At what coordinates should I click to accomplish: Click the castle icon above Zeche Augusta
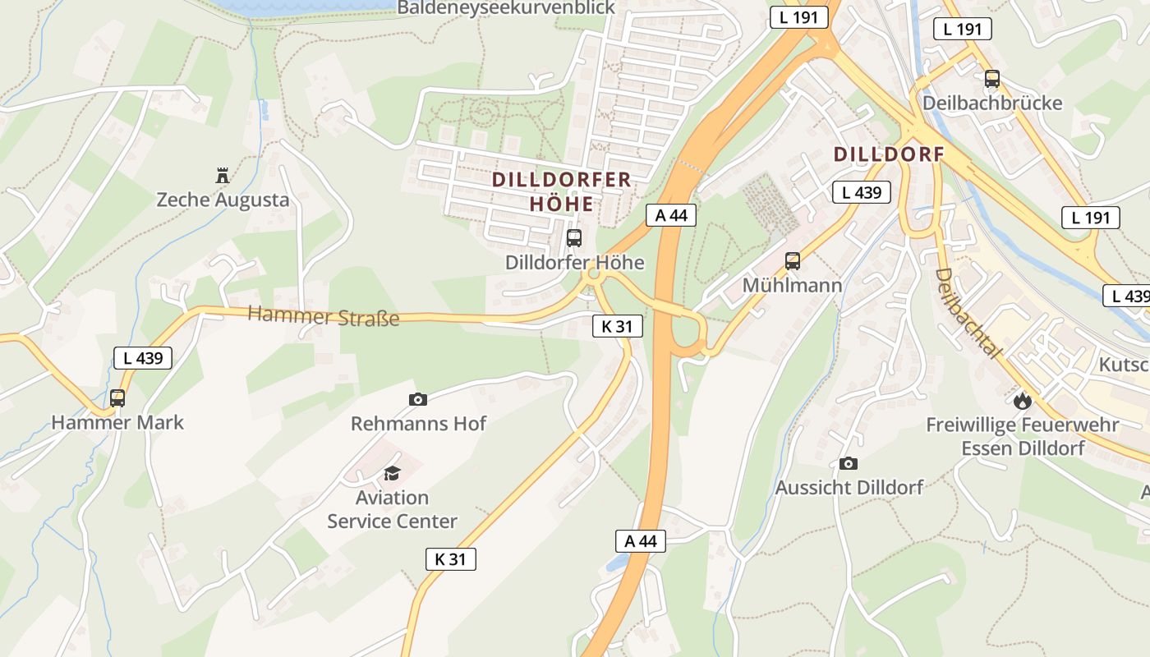(222, 175)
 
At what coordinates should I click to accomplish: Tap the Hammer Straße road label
(323, 315)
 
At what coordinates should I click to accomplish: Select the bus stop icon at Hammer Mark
(117, 398)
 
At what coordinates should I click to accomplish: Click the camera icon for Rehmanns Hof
(417, 400)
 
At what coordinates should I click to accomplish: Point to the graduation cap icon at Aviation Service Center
(392, 473)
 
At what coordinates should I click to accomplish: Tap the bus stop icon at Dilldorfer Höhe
(574, 239)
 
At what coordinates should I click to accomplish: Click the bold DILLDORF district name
(889, 154)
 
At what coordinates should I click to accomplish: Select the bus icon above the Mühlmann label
(793, 261)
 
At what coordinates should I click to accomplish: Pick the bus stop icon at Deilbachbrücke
(992, 79)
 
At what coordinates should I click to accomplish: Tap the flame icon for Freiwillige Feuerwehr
(1022, 400)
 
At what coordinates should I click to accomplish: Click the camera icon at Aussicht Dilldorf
(849, 463)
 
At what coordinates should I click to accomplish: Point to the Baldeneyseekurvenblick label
(506, 8)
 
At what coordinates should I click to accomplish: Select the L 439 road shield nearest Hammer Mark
(143, 358)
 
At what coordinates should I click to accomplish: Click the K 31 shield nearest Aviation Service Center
(451, 559)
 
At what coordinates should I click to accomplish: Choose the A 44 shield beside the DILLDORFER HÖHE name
(671, 215)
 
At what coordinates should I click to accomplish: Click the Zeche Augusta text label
(223, 200)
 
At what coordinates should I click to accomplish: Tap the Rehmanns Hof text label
(418, 424)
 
